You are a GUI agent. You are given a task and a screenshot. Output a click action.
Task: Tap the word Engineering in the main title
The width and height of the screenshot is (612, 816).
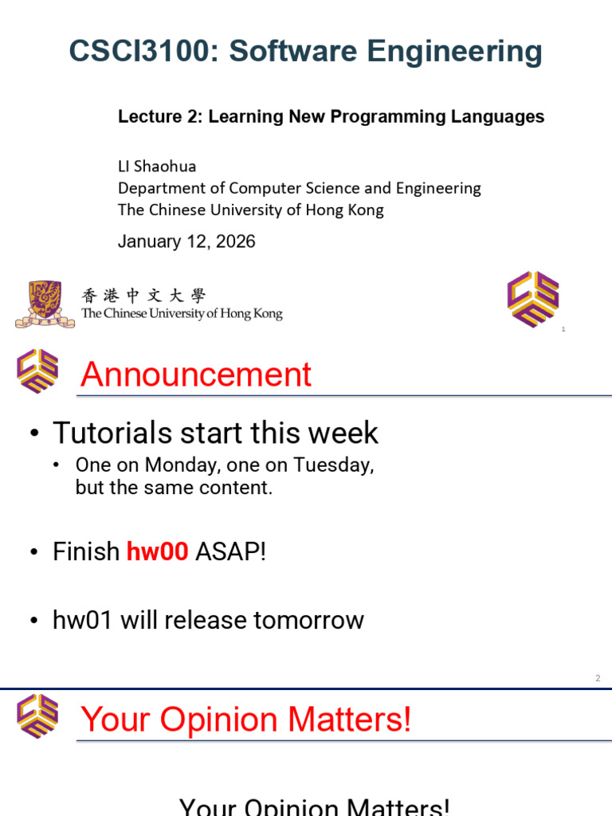pos(454,53)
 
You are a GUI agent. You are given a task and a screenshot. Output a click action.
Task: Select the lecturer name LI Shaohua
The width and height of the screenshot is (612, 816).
pos(157,167)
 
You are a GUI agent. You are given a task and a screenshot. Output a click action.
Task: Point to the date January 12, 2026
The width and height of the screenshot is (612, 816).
pos(186,241)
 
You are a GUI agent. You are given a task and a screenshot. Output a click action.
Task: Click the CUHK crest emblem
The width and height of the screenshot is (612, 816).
pos(45,304)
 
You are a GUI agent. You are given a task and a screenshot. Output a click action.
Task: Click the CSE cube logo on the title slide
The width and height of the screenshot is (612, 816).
pos(533,300)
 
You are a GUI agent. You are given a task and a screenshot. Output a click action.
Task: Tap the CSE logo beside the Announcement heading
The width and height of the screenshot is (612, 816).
pos(37,371)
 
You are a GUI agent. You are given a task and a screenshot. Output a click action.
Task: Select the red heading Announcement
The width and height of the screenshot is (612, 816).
pos(196,375)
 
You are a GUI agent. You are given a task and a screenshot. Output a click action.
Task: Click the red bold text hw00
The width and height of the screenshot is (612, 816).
pos(157,551)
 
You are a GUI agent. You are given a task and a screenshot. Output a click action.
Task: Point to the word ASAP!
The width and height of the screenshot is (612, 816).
pos(230,551)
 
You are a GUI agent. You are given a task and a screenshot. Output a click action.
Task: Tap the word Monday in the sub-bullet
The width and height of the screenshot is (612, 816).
pos(182,465)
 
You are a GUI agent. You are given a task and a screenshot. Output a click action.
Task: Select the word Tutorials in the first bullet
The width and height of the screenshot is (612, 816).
pos(112,433)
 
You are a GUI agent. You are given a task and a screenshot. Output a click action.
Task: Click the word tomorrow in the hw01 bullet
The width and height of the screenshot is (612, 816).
pos(308,620)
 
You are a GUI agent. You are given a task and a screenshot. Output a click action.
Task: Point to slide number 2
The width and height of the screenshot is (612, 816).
pos(598,678)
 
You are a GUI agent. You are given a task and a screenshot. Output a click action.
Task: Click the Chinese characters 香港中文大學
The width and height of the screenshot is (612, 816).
pos(143,296)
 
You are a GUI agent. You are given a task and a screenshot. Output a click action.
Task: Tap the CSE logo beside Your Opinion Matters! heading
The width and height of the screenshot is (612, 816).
pos(37,716)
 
